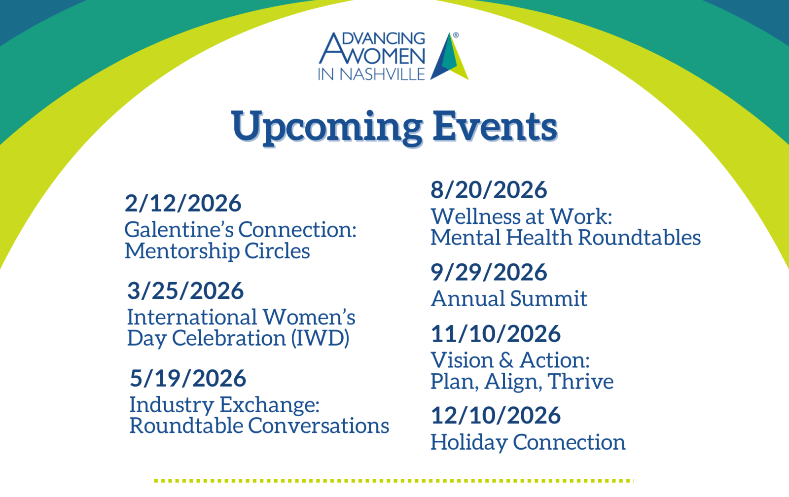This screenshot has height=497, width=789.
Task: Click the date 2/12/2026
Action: pos(183,203)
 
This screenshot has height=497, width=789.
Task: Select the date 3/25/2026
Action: pos(185,290)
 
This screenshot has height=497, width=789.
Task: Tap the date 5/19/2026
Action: pos(188,378)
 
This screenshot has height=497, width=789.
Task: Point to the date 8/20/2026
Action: pos(489,190)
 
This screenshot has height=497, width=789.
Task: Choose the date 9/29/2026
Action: pos(489,272)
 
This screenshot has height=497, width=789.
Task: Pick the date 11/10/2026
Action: pos(496,334)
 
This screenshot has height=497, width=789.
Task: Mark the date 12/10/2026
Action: pos(496,415)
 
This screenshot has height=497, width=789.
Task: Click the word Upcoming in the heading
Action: pos(327,128)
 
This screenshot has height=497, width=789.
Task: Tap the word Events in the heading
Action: pos(495,126)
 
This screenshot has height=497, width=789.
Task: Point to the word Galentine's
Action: pos(179,230)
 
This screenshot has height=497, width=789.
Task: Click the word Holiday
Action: pos(469,443)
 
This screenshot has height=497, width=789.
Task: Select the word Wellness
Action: pos(475,216)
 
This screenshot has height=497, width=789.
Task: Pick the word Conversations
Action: pos(319,426)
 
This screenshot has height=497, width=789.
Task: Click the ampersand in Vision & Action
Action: pos(506,360)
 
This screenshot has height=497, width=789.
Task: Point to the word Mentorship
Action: pos(182,251)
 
